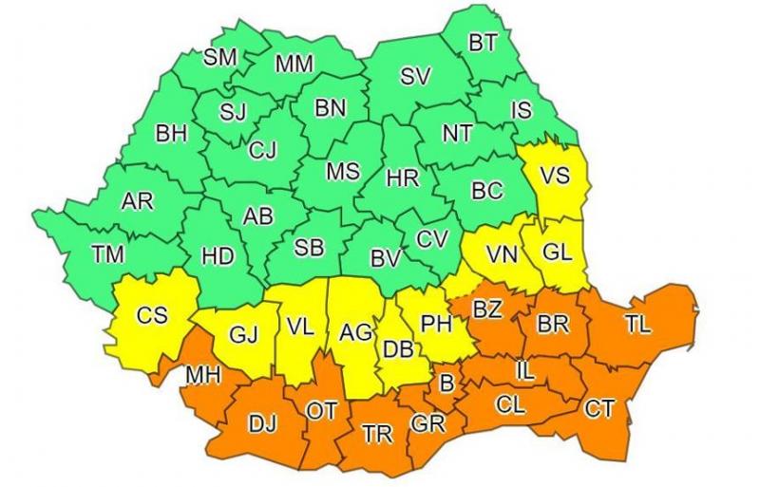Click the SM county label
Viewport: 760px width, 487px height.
[220, 57]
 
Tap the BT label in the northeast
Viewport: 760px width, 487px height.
[483, 43]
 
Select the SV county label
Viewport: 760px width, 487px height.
[415, 77]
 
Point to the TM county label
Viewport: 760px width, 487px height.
[108, 253]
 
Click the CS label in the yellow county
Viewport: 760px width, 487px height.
[152, 315]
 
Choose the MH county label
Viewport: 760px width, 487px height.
[203, 376]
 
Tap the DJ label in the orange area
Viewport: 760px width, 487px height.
[262, 424]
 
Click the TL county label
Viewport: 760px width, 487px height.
[637, 325]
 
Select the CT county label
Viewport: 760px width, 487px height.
[599, 409]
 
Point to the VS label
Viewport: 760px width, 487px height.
[555, 177]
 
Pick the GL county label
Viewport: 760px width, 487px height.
[558, 253]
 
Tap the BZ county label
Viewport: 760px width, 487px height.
[488, 310]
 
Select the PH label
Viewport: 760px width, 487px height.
[435, 325]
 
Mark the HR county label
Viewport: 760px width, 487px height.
[402, 177]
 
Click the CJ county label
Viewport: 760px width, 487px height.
[262, 149]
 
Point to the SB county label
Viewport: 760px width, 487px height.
[309, 248]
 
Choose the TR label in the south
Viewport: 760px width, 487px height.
[377, 434]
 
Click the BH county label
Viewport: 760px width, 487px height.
[171, 134]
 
